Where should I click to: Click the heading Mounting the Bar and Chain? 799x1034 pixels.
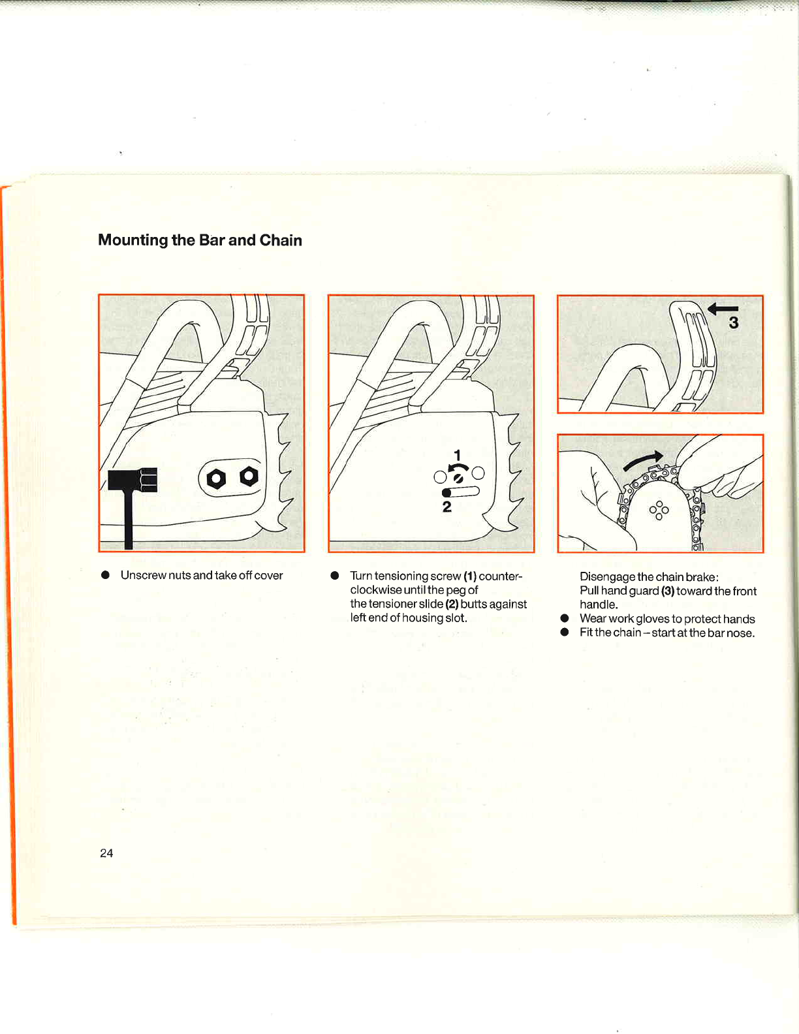click(x=200, y=240)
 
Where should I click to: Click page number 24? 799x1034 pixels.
click(x=106, y=853)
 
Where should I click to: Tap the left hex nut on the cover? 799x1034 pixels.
click(x=216, y=480)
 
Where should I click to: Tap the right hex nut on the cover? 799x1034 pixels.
click(x=249, y=477)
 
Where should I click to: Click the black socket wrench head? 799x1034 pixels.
click(x=133, y=480)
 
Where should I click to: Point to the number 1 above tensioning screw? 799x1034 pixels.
click(x=457, y=455)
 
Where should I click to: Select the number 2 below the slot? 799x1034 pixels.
click(x=447, y=507)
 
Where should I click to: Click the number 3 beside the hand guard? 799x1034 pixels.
click(x=734, y=322)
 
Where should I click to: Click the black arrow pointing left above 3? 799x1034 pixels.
click(x=723, y=308)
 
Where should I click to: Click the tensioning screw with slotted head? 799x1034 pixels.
click(x=459, y=478)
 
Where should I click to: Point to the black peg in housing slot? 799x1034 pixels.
click(x=447, y=493)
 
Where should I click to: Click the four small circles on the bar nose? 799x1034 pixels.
click(x=659, y=510)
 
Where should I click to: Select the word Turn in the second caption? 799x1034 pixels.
click(x=361, y=576)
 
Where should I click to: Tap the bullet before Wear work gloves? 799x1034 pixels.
click(x=565, y=618)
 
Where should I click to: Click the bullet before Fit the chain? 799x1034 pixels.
click(x=565, y=633)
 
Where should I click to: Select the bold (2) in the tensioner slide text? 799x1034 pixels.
click(x=452, y=604)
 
